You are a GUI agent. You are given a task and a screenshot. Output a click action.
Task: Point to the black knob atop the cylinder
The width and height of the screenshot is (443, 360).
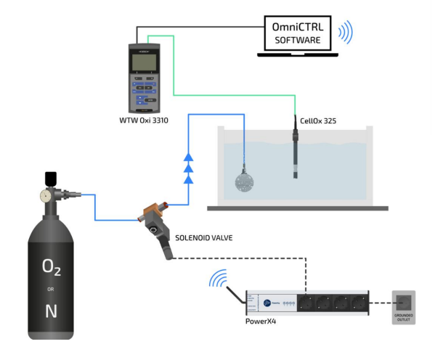[x=50, y=177]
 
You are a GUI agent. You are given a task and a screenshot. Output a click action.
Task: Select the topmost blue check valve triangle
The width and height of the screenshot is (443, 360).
[x=189, y=156]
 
